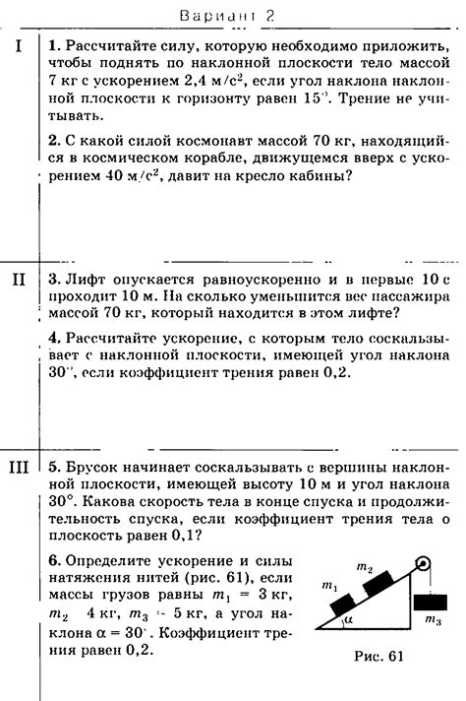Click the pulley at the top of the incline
point(423,566)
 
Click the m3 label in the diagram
point(432,620)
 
